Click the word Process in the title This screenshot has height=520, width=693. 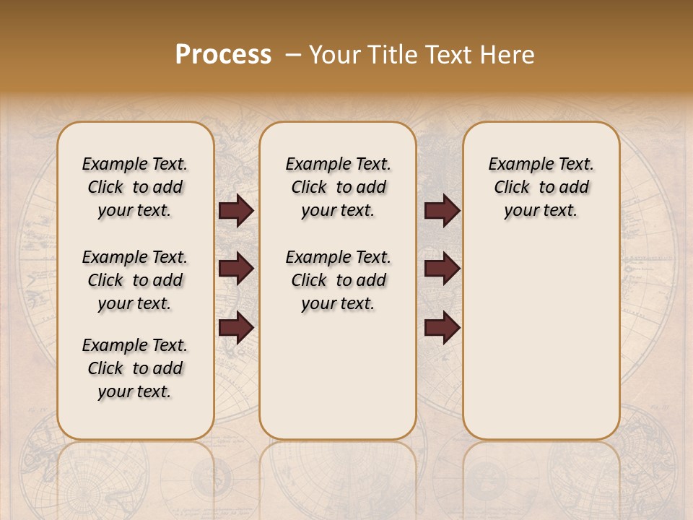pyautogui.click(x=223, y=55)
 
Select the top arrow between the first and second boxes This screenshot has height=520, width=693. pyautogui.click(x=236, y=210)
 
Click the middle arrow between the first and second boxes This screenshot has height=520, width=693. pyautogui.click(x=236, y=269)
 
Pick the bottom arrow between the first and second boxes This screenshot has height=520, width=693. pyautogui.click(x=236, y=327)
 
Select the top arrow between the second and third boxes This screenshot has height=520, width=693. pyautogui.click(x=442, y=210)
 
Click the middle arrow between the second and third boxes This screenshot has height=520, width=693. pyautogui.click(x=442, y=269)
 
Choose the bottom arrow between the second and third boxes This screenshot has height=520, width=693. pyautogui.click(x=442, y=327)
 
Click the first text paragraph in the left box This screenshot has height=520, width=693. pyautogui.click(x=135, y=187)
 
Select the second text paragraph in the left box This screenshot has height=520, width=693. pyautogui.click(x=135, y=280)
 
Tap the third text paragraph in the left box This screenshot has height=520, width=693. pyautogui.click(x=135, y=368)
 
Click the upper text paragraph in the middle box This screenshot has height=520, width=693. pyautogui.click(x=338, y=187)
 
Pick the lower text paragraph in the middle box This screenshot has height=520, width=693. pyautogui.click(x=338, y=280)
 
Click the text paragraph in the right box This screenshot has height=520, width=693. pyautogui.click(x=541, y=187)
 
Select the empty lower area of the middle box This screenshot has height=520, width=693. pyautogui.click(x=338, y=376)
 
